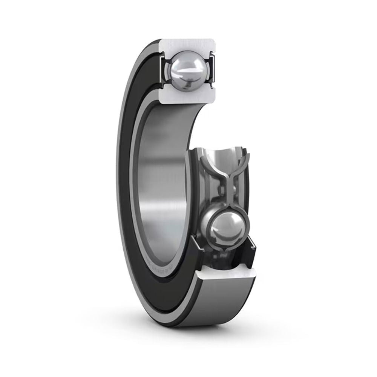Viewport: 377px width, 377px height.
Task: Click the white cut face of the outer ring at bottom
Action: pos(226,273)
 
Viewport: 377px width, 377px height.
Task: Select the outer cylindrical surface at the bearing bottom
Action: pos(222,305)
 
